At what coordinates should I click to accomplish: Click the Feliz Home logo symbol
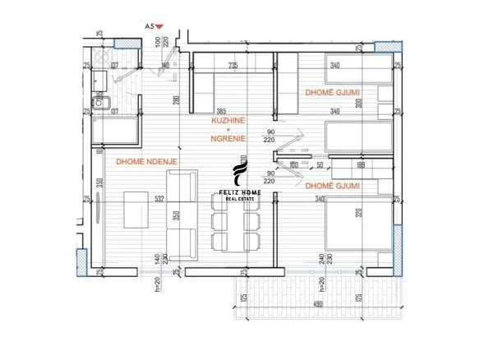pyautogui.click(x=239, y=175)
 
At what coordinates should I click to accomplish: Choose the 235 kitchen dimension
pyautogui.click(x=233, y=65)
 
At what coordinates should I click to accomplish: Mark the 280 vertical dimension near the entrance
pyautogui.click(x=176, y=101)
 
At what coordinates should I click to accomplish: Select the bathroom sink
pyautogui.click(x=103, y=103)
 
